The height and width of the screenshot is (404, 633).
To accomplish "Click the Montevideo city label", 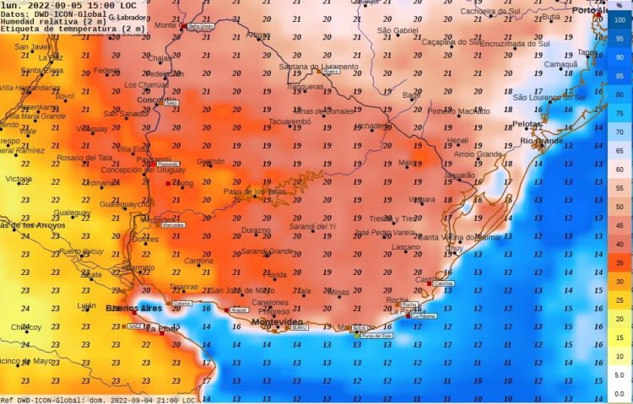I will pos(277,322).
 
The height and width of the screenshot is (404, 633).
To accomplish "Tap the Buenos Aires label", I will pos(133,309).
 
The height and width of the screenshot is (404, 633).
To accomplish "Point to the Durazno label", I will pos(256,229).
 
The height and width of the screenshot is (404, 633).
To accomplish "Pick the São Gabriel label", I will pos(398,30).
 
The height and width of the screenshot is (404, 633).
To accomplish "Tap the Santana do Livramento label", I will pos(318,67).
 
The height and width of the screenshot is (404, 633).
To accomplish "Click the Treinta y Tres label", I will pos(393,218).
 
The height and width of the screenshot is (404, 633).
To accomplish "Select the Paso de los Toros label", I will pos(254,191).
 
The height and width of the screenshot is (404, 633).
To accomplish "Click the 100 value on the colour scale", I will pos(619,19).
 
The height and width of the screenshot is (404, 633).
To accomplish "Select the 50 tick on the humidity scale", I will pos(619,206).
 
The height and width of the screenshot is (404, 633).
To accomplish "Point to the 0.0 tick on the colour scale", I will pos(619,393).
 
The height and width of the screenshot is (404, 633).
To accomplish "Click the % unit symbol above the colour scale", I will pos(619,6).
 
